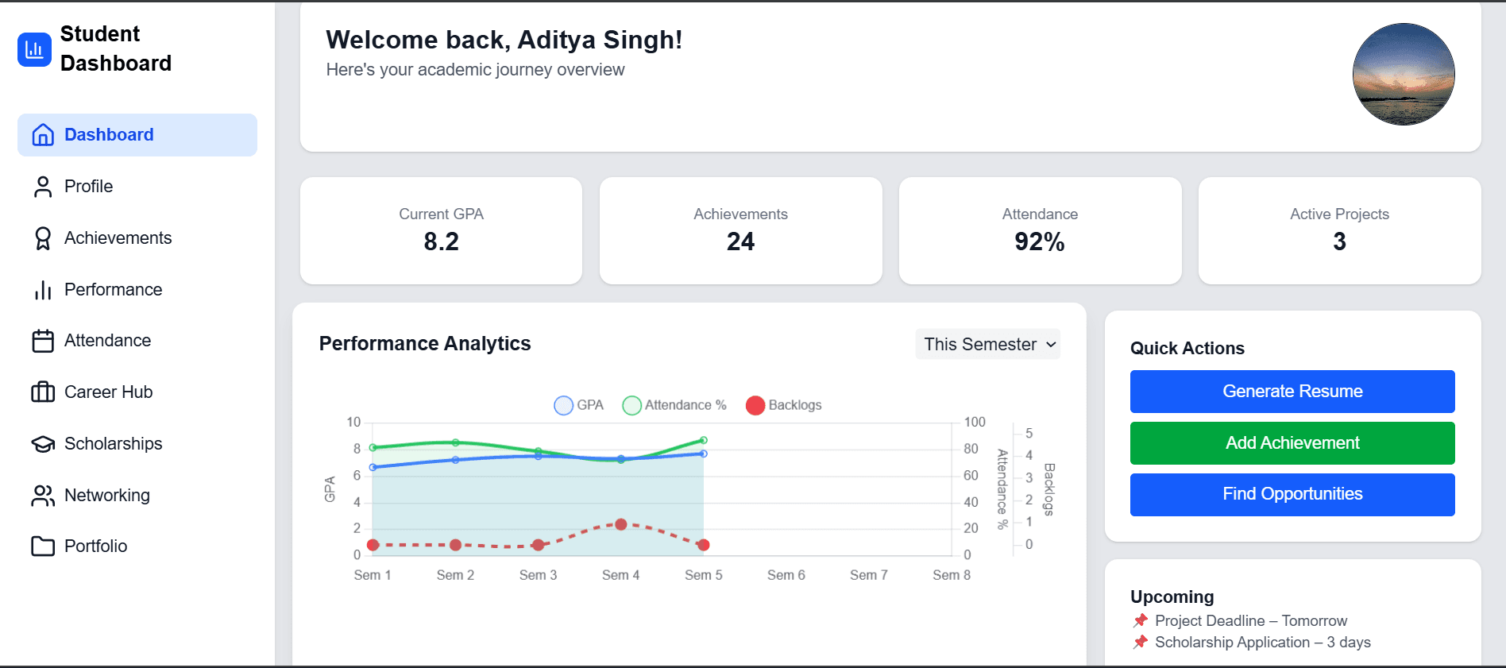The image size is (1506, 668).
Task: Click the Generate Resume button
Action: (1292, 392)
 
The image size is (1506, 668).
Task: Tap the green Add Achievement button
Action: (1292, 443)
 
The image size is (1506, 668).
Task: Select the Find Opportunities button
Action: (1292, 494)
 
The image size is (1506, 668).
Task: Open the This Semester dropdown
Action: (988, 344)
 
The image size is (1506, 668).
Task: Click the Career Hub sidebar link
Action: (108, 392)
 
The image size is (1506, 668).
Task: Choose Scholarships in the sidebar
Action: (113, 444)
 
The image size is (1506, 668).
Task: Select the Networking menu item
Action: (106, 496)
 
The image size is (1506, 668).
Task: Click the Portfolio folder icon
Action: (43, 546)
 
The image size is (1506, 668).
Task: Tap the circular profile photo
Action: (1404, 74)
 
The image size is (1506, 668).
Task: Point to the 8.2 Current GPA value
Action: (441, 241)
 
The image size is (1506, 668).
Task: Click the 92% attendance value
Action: (1039, 241)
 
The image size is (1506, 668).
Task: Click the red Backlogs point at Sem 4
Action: (621, 524)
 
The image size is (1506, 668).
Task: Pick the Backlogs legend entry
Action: (784, 405)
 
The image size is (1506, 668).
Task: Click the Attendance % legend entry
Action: (674, 405)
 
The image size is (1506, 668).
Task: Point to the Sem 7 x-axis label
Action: (868, 575)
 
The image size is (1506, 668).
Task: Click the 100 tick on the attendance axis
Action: (975, 423)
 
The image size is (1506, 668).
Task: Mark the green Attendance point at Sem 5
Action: (704, 440)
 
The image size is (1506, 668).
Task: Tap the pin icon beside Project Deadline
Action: (1141, 620)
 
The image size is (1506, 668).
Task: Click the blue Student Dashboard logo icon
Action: (34, 49)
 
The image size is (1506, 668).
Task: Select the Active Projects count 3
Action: (1339, 241)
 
